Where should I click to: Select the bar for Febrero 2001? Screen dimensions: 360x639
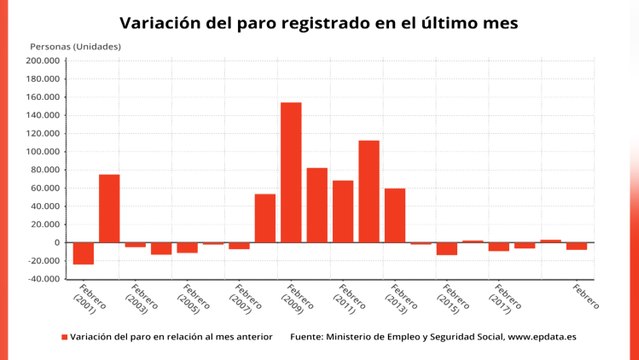[x=83, y=253]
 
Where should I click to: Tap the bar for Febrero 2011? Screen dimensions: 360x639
[x=343, y=211]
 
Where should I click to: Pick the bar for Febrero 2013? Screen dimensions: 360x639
[x=395, y=215]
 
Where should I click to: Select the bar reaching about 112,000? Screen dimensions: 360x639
[x=369, y=191]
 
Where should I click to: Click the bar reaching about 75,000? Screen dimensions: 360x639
[x=109, y=208]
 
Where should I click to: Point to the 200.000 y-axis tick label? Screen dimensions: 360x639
[x=43, y=61]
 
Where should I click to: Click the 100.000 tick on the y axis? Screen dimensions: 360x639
[x=43, y=152]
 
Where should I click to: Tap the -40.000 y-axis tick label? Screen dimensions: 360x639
[x=45, y=279]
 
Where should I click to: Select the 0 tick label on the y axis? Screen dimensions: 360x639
[x=58, y=243]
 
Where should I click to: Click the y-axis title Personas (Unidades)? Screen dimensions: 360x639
[x=75, y=46]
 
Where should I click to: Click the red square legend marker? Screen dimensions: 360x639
[x=64, y=337]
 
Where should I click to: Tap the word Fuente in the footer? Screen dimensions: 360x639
[x=308, y=337]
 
